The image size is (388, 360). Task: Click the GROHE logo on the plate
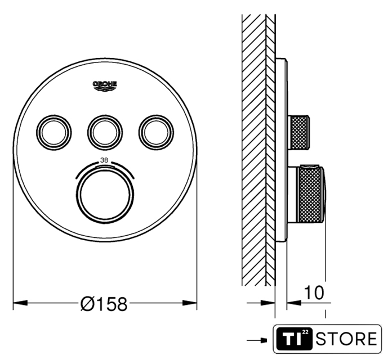pyautogui.click(x=105, y=87)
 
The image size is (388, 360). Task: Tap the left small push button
pyautogui.click(x=54, y=133)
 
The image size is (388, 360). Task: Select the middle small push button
pyautogui.click(x=105, y=133)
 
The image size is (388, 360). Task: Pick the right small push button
pyautogui.click(x=156, y=133)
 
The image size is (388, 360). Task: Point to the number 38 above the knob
pyautogui.click(x=104, y=160)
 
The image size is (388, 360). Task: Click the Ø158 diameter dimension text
pyautogui.click(x=104, y=304)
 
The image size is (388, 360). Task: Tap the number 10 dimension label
pyautogui.click(x=314, y=292)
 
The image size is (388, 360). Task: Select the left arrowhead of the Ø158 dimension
pyautogui.click(x=20, y=303)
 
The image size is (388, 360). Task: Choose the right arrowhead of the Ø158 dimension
pyautogui.click(x=190, y=303)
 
